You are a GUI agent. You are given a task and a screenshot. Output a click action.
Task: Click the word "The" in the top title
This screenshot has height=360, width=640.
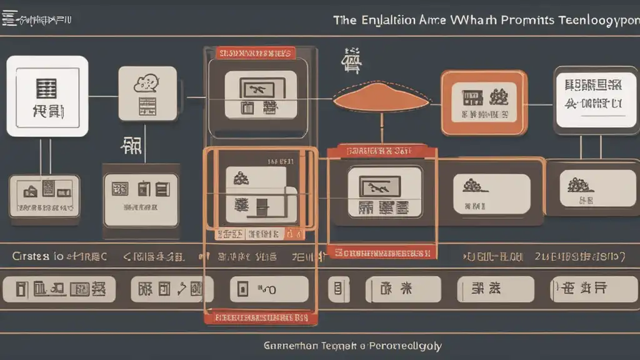click(x=344, y=20)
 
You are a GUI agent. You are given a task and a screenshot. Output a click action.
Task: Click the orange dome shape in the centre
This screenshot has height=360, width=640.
click(x=381, y=97)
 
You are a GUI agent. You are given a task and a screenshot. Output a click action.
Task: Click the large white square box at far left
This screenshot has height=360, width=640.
click(x=47, y=96)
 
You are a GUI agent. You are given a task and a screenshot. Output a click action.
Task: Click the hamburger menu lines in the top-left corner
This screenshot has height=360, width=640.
click(x=9, y=19)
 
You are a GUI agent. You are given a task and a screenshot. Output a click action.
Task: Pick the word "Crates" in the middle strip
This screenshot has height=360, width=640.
click(x=29, y=256)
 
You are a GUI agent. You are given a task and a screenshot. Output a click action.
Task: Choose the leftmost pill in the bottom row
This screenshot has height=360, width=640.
click(x=59, y=289)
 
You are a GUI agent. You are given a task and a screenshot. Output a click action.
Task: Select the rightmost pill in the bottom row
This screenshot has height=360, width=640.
click(x=587, y=289)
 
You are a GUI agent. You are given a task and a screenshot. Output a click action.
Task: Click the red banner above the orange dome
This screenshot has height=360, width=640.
click(x=255, y=53)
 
